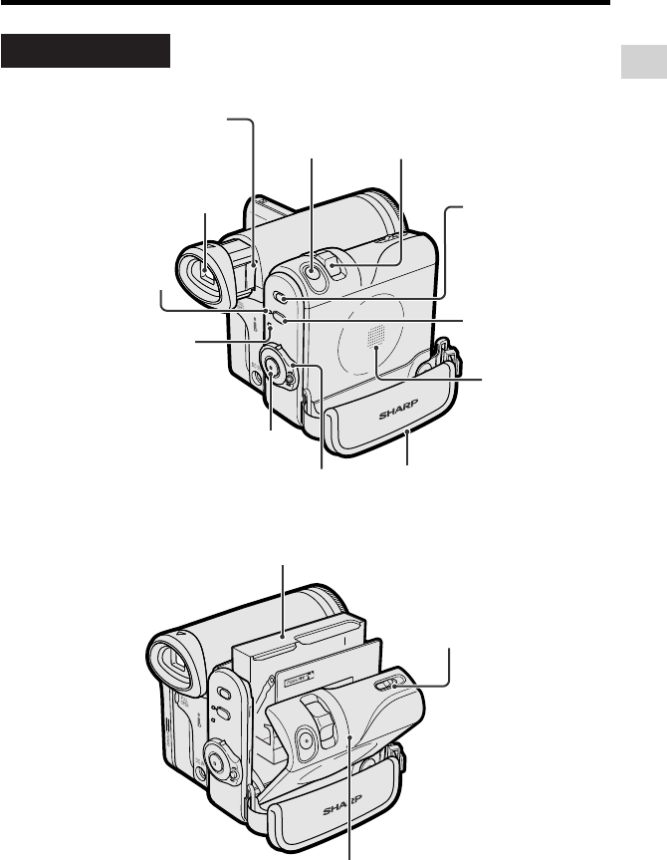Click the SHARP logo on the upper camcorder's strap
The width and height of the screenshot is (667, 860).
click(398, 410)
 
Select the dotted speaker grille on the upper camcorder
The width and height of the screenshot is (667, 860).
click(376, 335)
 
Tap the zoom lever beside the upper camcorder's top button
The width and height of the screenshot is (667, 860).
click(334, 264)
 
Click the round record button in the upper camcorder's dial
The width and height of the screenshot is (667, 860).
click(271, 366)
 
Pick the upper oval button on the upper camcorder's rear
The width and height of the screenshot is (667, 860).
click(280, 298)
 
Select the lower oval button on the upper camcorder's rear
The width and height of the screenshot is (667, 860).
click(279, 318)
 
